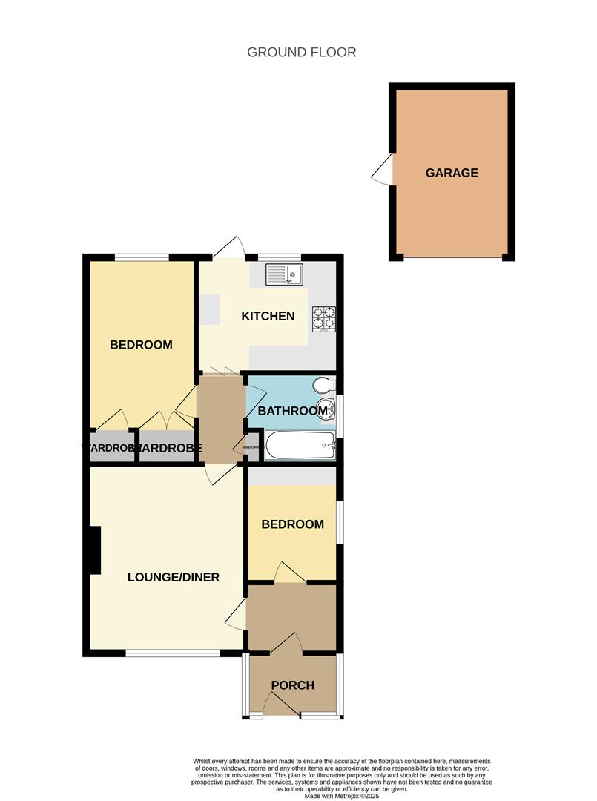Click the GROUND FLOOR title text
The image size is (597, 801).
pos(301,52)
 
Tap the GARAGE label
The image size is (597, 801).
pos(452,173)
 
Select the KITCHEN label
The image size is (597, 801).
pos(268,316)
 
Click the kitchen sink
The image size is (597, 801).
pos(284,275)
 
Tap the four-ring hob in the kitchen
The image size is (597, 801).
pos(324,317)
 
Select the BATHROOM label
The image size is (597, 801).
pos(292,411)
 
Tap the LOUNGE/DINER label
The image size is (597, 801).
pos(174,577)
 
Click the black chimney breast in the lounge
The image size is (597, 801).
pos(94,550)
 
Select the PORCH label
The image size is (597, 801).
pos(293,685)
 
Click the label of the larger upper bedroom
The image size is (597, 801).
pos(141,345)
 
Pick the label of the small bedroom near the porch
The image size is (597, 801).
pos(292,524)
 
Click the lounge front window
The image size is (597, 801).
pos(173,653)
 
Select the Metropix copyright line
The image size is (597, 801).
pos(341,796)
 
